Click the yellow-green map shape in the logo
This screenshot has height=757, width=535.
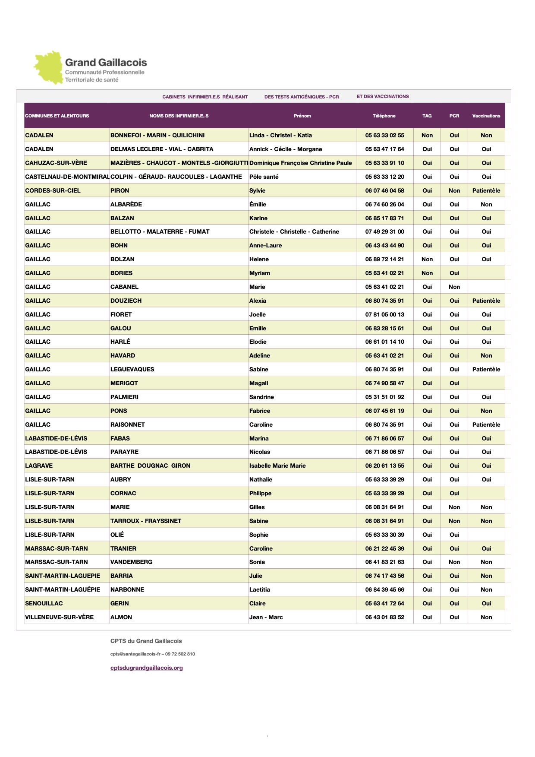point(48,68)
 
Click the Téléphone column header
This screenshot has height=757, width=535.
point(384,116)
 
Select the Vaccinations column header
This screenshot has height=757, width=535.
point(486,116)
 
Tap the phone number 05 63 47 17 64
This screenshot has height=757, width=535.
point(384,149)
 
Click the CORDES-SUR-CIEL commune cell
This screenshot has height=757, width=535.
point(53,190)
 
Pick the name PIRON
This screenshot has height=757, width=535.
point(120,190)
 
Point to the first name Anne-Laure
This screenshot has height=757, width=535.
point(265,245)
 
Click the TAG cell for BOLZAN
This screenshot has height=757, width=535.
point(427,259)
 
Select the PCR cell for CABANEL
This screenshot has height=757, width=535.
point(454,287)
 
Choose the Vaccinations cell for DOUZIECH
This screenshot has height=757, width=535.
point(486,301)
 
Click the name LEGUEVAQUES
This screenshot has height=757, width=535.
point(132,369)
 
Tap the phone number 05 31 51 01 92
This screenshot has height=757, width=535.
point(384,397)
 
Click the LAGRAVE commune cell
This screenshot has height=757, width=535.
point(39,466)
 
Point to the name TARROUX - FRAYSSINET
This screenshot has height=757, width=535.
point(145,521)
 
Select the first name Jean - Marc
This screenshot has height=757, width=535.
point(266,617)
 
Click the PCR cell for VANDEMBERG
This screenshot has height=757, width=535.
point(454,562)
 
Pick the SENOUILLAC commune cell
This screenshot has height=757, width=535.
point(44,603)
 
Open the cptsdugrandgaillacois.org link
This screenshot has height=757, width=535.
point(146,668)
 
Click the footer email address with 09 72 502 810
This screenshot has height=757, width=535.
point(152,654)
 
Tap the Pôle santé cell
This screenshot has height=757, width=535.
point(264,177)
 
